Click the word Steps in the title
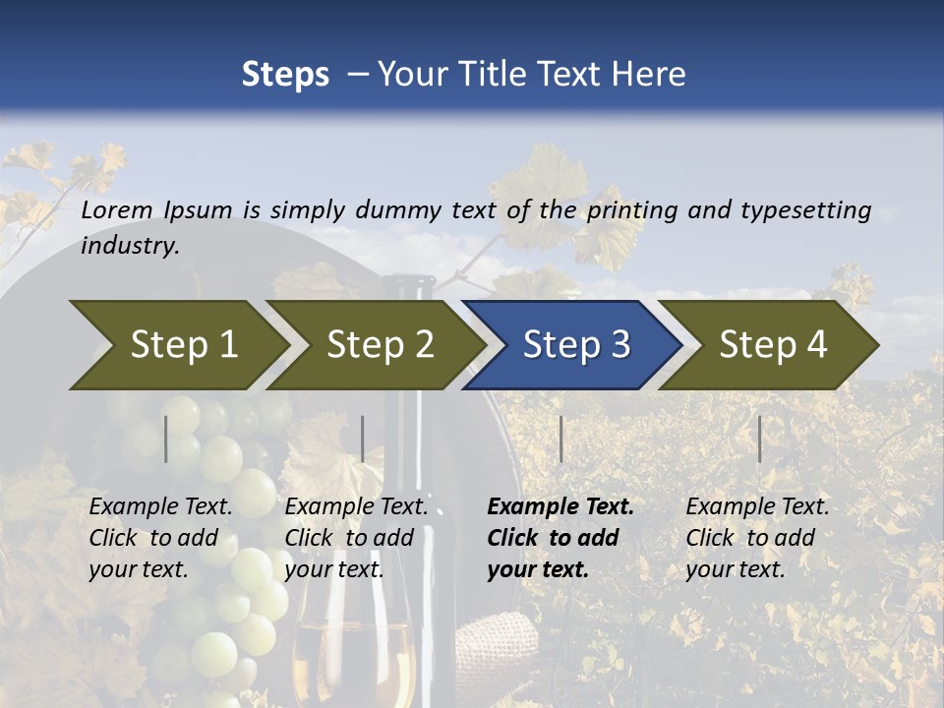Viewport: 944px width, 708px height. pos(285,75)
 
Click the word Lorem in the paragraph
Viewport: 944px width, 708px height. pos(116,210)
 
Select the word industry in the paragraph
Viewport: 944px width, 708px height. pos(130,246)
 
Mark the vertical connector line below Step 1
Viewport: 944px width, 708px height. pos(166,439)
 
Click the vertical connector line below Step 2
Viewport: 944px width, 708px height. pos(363,439)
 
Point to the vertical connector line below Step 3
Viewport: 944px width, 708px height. pos(560,439)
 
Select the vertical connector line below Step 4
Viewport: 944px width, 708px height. pos(759,439)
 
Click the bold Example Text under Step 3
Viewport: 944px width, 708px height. pos(560,507)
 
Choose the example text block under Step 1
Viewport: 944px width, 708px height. pos(160,538)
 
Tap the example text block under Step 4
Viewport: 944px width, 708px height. pos(757,538)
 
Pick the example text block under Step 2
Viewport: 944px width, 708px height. pos(356,538)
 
